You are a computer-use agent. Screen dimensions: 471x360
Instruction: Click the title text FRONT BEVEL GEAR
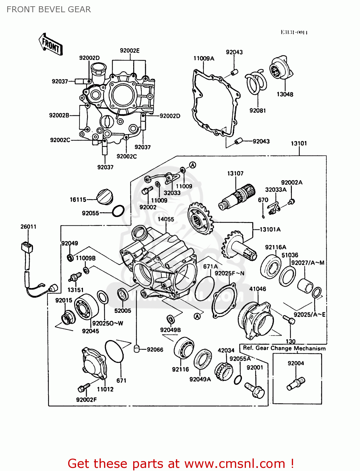click(x=49, y=9)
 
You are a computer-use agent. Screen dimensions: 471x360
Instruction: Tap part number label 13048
click(x=285, y=94)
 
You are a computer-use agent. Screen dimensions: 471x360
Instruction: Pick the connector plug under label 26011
click(x=27, y=247)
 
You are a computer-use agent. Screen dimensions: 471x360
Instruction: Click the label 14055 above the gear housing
click(x=166, y=219)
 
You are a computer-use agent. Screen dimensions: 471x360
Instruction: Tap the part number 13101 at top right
click(x=298, y=143)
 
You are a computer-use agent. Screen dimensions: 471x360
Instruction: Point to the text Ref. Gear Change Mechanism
click(x=284, y=348)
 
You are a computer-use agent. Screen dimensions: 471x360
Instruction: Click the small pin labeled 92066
click(x=137, y=349)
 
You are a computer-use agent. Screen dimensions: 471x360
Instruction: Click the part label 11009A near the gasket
click(x=204, y=58)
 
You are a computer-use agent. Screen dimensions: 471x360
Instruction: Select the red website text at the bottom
click(x=181, y=463)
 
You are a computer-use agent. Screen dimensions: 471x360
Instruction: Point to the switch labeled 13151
click(x=75, y=277)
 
